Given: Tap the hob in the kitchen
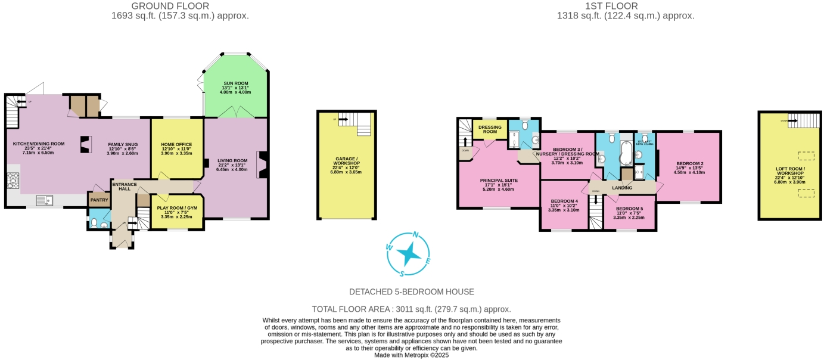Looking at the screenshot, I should coord(13,180).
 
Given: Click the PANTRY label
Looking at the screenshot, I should coord(99,200).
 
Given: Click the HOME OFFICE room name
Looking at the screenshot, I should coord(176,144).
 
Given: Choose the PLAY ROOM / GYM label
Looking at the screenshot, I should coord(176,208).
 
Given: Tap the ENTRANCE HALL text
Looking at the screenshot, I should coord(125,186).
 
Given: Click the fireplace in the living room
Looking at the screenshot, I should coord(261,165).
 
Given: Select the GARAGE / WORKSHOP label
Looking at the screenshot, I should coord(347,160).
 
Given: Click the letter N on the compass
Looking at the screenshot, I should coord(416,235).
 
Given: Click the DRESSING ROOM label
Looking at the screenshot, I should coord(490,129).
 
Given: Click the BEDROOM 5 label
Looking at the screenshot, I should coord(629,209).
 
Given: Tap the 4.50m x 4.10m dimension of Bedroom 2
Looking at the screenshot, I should coord(689,172).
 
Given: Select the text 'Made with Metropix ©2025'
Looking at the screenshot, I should coord(411,355).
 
